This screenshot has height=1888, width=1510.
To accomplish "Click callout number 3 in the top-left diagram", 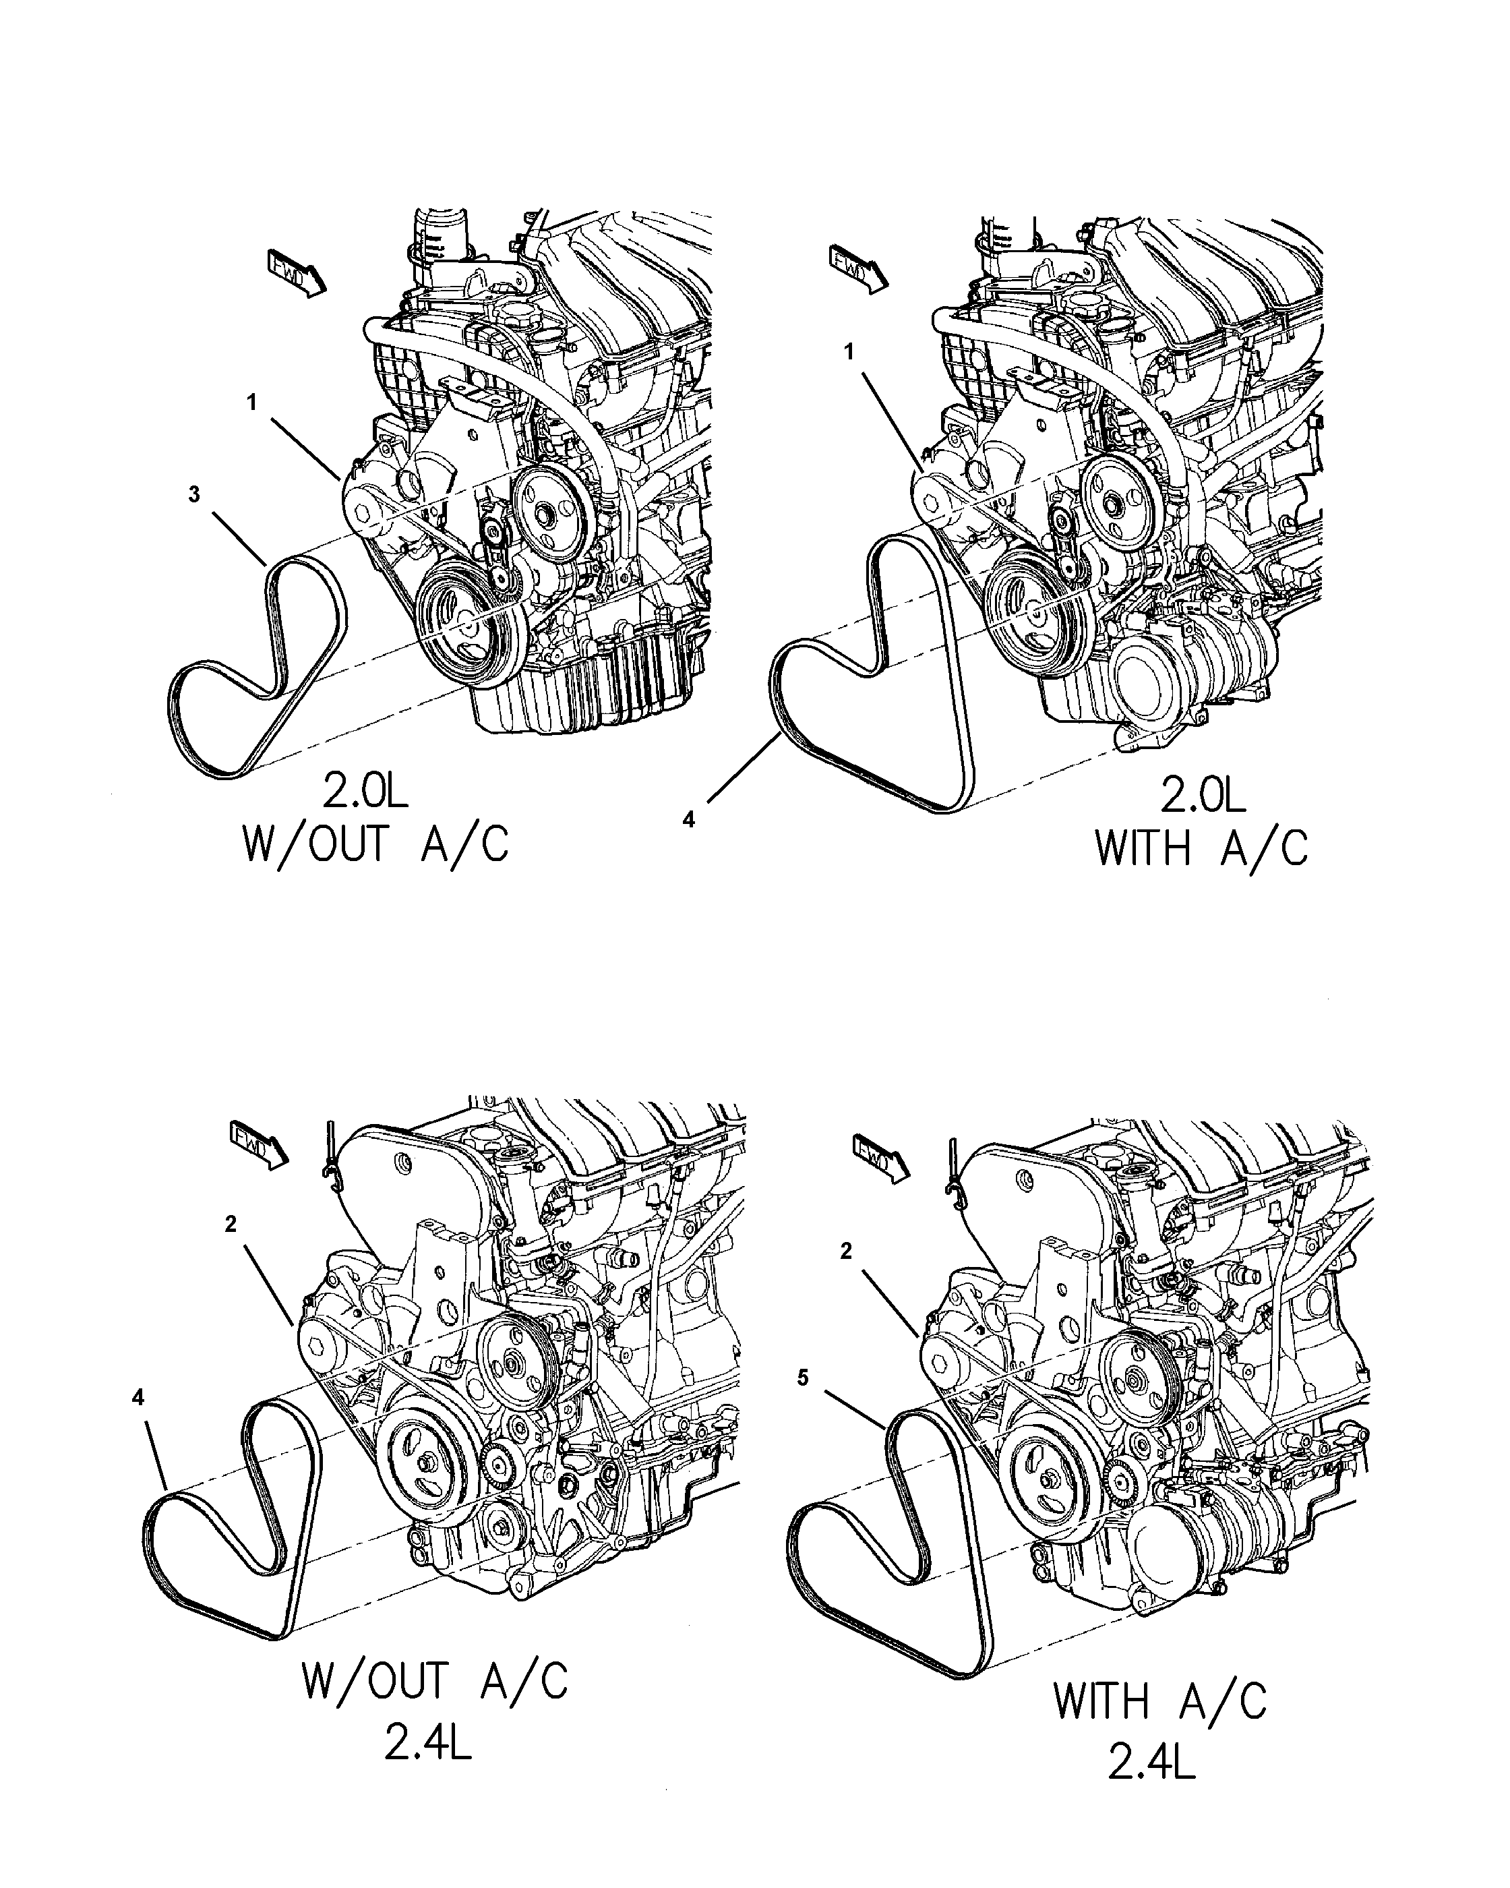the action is (194, 495).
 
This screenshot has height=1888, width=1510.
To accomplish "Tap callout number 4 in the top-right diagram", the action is (689, 820).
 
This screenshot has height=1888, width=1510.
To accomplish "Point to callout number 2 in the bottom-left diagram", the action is (231, 1225).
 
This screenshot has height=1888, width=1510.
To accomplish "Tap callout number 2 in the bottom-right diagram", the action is (845, 1252).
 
